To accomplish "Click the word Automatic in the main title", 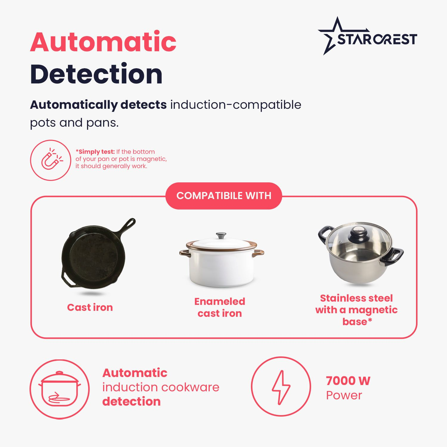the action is click(x=103, y=42).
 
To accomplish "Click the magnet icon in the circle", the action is click(x=52, y=160).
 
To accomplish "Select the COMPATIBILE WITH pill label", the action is click(x=224, y=196).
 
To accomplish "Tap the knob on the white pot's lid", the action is click(x=221, y=235).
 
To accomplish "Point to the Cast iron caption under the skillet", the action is click(x=90, y=307).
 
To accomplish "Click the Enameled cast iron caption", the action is click(x=220, y=307).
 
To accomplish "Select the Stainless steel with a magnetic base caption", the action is click(x=356, y=310).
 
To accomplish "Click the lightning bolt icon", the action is click(x=281, y=387).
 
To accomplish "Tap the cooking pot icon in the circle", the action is click(x=60, y=389).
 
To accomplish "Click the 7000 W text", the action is click(x=348, y=381).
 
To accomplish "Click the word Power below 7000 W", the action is click(x=344, y=395).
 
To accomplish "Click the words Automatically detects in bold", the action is click(x=98, y=105).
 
